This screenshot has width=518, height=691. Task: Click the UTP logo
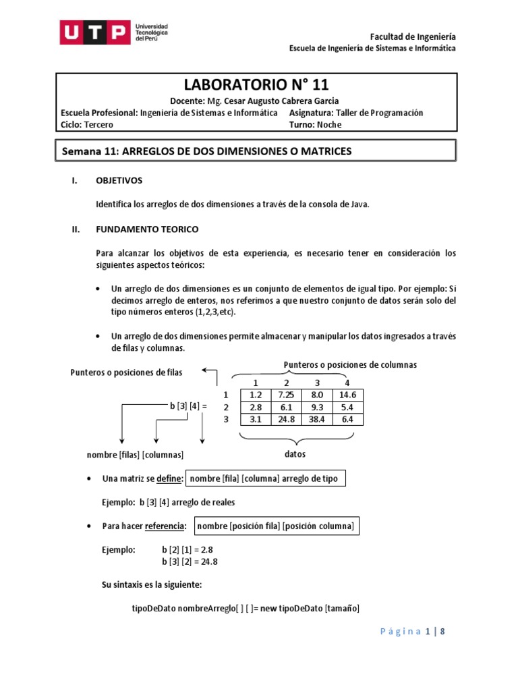[114, 32]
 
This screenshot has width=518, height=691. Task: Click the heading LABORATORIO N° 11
[256, 84]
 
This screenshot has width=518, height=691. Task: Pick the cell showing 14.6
[347, 395]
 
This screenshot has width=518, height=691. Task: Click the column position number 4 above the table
[347, 383]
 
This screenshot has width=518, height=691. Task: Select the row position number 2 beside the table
[227, 408]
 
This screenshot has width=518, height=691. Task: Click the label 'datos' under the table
[295, 455]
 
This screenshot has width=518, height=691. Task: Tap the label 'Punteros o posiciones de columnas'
[350, 365]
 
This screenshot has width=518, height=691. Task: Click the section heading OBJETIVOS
[119, 181]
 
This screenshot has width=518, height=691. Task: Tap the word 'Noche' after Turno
[330, 125]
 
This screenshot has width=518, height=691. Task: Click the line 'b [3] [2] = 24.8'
[190, 561]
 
